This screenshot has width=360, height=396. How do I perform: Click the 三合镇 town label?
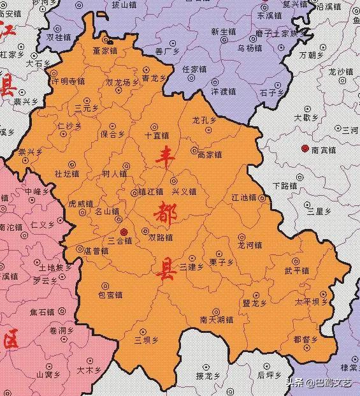pyautogui.click(x=119, y=241)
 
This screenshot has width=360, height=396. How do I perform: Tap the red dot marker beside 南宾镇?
pyautogui.click(x=305, y=149)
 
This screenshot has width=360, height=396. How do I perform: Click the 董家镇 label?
pyautogui.click(x=105, y=50)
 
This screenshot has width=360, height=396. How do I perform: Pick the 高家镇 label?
pyautogui.click(x=209, y=154)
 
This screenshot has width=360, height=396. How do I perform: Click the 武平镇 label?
pyautogui.click(x=297, y=270)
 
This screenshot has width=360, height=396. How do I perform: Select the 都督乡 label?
pyautogui.click(x=306, y=339)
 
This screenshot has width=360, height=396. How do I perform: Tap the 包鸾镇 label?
pyautogui.click(x=110, y=295)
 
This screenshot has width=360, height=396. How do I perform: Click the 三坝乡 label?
pyautogui.click(x=146, y=340)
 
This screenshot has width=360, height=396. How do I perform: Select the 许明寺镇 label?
pyautogui.click(x=68, y=81)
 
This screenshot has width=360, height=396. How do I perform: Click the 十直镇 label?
pyautogui.click(x=157, y=135)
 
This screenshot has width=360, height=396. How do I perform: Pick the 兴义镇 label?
pyautogui.click(x=184, y=191)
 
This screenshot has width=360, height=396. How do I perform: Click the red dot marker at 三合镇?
pyautogui.click(x=124, y=231)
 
